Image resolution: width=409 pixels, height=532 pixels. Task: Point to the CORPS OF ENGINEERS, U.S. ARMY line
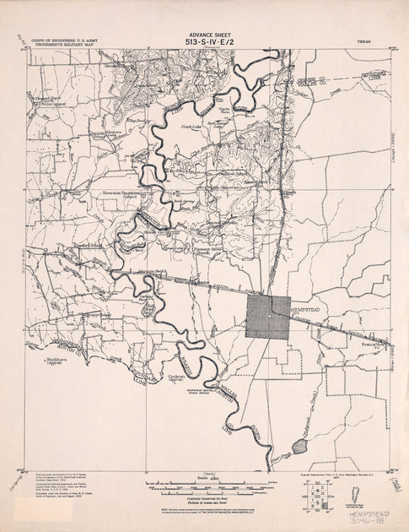[61, 39]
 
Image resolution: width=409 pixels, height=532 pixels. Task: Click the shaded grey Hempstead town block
[268, 318]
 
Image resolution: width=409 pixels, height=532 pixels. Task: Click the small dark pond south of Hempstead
[299, 444]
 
